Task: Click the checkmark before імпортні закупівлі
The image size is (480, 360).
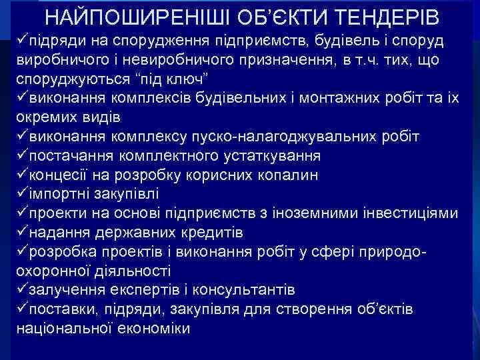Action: (22, 194)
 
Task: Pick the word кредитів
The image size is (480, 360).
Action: (212, 233)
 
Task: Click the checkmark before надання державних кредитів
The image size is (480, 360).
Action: (22, 233)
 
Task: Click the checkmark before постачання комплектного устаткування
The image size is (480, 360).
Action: (22, 156)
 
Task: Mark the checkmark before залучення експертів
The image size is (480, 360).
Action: (22, 291)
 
